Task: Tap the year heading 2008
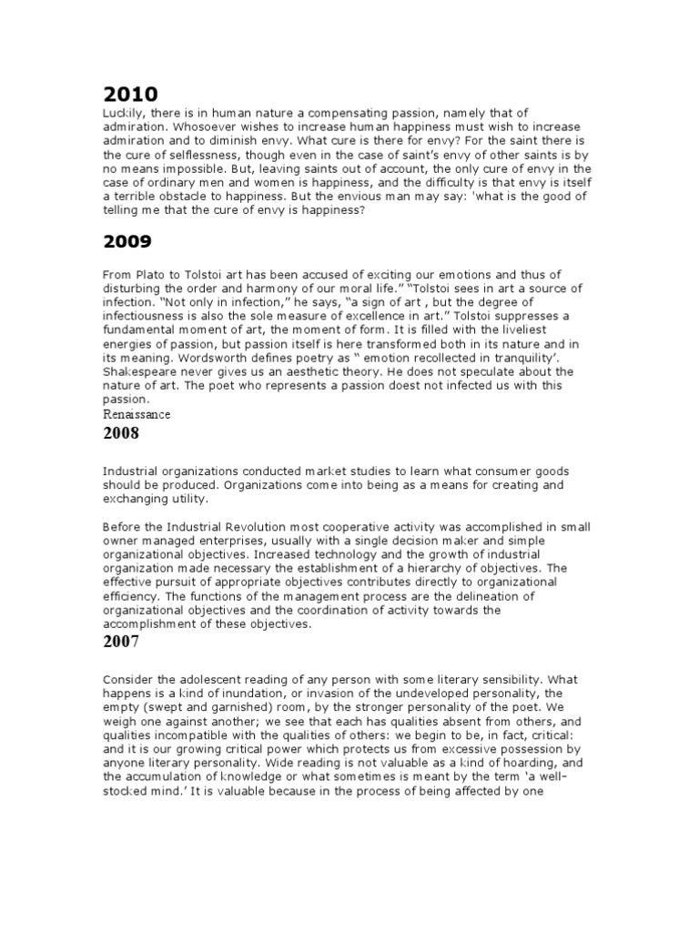coord(121,433)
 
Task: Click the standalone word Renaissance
coord(136,414)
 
